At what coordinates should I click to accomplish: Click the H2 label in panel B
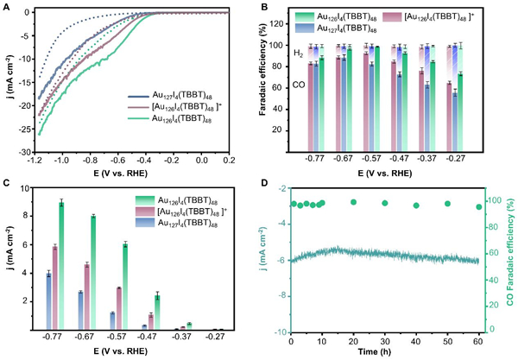(297, 53)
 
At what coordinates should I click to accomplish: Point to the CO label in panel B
(297, 88)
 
